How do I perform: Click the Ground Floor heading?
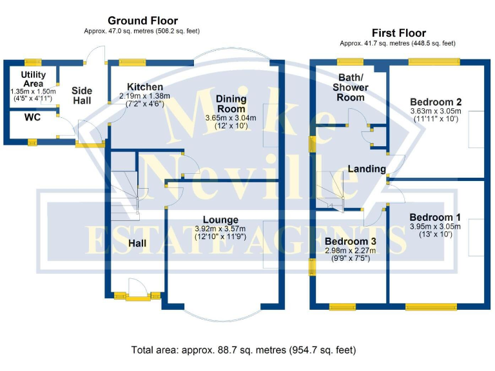point(142,21)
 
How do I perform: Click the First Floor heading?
point(398,33)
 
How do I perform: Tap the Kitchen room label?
point(144,87)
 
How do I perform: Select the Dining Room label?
point(231,103)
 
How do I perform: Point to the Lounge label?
point(220,220)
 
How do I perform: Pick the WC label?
point(33,118)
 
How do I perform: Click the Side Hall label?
point(82,95)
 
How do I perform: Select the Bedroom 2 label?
point(436,102)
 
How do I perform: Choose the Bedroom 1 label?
point(435,217)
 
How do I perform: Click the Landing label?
point(367,169)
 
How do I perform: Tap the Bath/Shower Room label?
point(351,88)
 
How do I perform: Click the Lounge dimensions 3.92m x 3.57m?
point(220,229)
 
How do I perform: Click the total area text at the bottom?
point(243,350)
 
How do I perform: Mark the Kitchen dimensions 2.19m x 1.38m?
point(145,96)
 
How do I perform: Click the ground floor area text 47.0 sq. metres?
point(142,31)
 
